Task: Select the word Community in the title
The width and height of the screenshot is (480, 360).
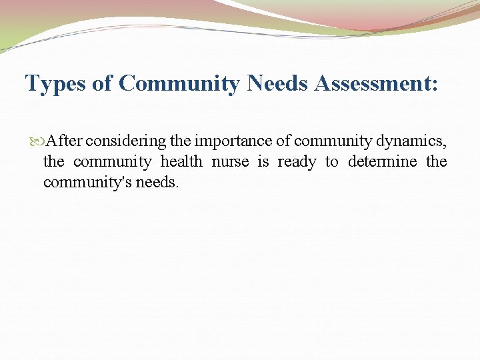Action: click(179, 84)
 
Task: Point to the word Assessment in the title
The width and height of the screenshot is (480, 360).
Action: click(377, 84)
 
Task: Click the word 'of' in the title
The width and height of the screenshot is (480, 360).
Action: click(107, 84)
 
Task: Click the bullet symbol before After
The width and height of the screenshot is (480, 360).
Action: click(37, 141)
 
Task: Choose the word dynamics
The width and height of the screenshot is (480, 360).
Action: click(409, 141)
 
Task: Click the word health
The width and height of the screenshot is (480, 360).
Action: click(181, 162)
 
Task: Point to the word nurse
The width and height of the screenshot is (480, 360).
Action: click(231, 162)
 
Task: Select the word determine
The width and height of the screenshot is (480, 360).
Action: click(382, 162)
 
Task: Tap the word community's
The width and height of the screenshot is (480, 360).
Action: click(87, 183)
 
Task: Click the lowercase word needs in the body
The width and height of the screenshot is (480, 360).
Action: click(157, 183)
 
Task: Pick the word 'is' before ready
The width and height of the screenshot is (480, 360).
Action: click(263, 162)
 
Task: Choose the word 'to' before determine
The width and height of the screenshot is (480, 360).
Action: click(331, 162)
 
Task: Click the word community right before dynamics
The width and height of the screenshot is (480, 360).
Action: click(333, 141)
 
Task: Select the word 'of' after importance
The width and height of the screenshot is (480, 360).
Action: click(283, 141)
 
